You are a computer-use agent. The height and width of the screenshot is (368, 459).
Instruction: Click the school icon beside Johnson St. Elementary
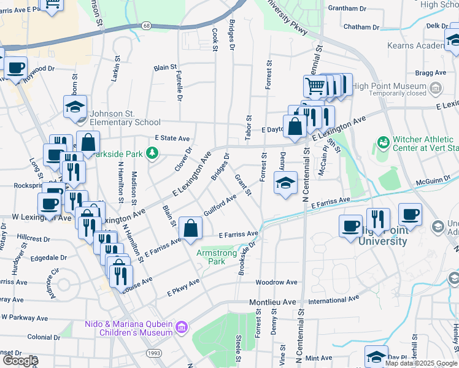[x=75, y=106]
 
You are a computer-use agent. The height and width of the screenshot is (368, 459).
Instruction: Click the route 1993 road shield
[x=153, y=353]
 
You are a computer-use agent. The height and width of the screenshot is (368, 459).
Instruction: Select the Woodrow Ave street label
[x=276, y=283]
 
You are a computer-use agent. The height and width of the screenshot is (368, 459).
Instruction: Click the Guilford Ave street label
[x=220, y=204]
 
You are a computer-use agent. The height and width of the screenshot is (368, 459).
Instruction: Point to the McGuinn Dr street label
[x=433, y=180]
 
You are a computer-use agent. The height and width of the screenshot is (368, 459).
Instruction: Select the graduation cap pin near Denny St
[x=285, y=183]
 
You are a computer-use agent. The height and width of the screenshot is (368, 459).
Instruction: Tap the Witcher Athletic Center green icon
[x=384, y=142]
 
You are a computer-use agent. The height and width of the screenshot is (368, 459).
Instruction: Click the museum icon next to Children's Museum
[x=180, y=328]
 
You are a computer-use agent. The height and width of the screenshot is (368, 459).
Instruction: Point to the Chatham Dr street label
[x=361, y=27]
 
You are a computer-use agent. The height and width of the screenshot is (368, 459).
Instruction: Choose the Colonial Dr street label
[x=43, y=337]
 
